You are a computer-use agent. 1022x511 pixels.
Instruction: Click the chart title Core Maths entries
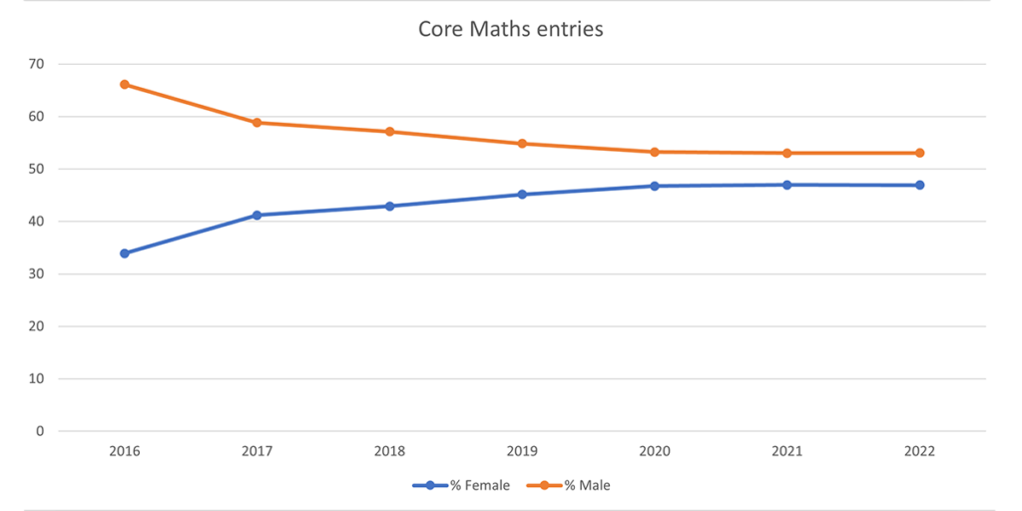(510, 29)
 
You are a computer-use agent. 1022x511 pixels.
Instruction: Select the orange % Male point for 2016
(125, 85)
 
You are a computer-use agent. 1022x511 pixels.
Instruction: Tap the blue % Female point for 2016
(125, 254)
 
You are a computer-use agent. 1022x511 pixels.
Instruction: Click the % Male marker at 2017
(256, 123)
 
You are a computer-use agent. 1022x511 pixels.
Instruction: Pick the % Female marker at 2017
(256, 215)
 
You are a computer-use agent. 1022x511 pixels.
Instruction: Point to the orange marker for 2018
(389, 132)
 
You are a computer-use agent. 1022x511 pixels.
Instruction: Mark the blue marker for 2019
(522, 195)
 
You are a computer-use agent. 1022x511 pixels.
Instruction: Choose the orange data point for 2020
(655, 152)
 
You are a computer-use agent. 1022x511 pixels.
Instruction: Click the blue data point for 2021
(787, 185)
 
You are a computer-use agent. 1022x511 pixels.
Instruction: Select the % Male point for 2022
(919, 153)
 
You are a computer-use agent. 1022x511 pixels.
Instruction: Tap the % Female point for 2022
(919, 185)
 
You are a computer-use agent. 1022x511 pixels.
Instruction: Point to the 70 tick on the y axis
(38, 64)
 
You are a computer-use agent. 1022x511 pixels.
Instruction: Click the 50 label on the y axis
(38, 169)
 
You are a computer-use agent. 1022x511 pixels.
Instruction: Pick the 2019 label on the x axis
(522, 451)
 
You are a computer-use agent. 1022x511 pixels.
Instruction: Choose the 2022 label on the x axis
(919, 451)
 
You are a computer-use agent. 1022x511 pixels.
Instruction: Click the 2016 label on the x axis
(125, 451)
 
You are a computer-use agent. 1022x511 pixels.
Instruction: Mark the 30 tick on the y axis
(38, 273)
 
